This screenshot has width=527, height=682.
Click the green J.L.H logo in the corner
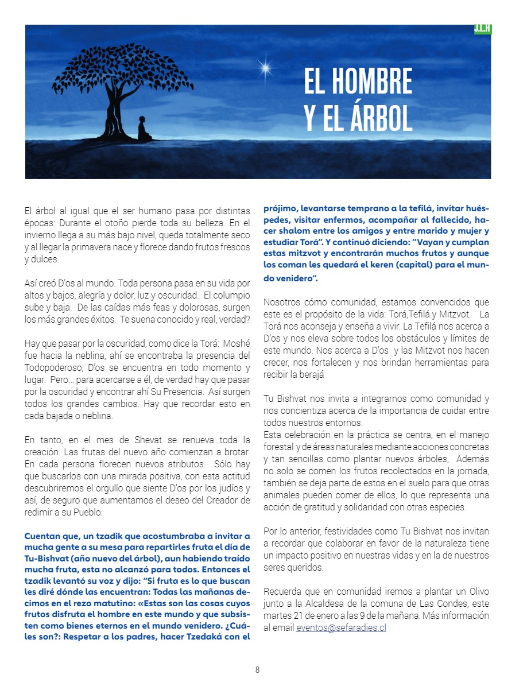point(483,29)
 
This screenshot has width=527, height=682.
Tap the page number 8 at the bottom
point(258,669)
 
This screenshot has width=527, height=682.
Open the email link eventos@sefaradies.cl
point(341,628)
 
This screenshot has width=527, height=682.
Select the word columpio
point(232,294)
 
